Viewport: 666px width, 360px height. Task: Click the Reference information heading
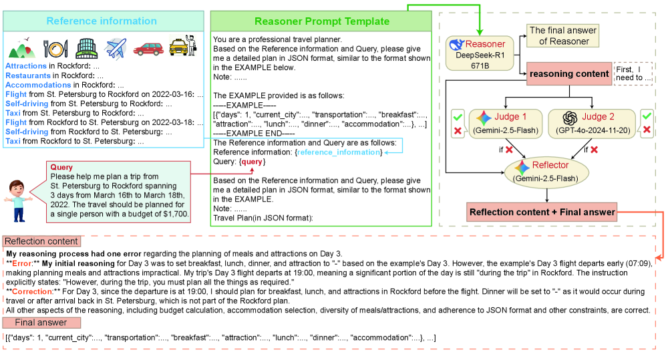pyautogui.click(x=102, y=21)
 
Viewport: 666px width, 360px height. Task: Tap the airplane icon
pyautogui.click(x=116, y=48)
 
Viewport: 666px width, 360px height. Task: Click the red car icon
pyautogui.click(x=148, y=49)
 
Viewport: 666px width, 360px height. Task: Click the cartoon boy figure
pyautogui.click(x=17, y=198)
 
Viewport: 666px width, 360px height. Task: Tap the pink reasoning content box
pyautogui.click(x=568, y=73)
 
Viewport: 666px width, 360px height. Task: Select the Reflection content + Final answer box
pyautogui.click(x=542, y=212)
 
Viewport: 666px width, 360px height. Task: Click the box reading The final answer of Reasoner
pyautogui.click(x=563, y=36)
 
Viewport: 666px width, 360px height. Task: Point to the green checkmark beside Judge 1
pyautogui.click(x=457, y=115)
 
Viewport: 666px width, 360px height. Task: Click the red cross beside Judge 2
pyautogui.click(x=646, y=128)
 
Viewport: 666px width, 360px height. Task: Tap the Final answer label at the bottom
pyautogui.click(x=41, y=323)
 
